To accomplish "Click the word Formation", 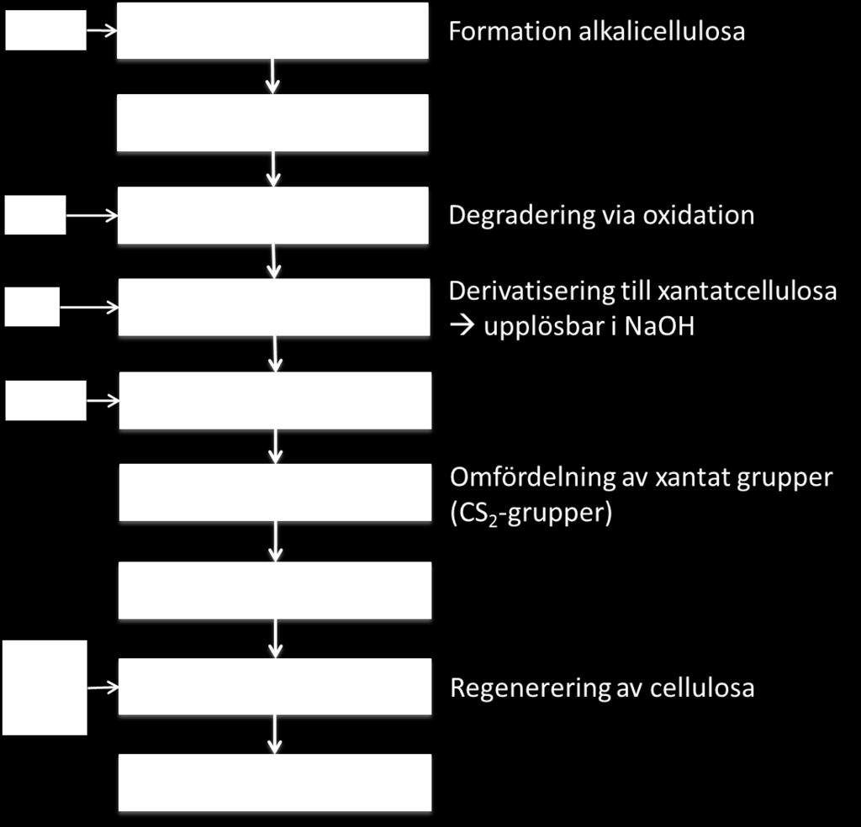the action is coord(509,31).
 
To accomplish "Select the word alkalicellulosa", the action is coord(662,31).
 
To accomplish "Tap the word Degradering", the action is coord(521,216).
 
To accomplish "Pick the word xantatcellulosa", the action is coord(747,291).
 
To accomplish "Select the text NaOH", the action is coord(659,327).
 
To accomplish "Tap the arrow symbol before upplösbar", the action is coord(462,327).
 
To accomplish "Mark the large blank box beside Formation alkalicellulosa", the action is coord(272,31).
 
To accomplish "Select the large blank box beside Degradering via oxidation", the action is coord(273,215).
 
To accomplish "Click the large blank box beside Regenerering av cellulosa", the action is coord(275,687).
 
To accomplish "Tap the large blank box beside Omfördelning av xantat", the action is coord(275,493).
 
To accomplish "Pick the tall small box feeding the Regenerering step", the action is coord(45,687).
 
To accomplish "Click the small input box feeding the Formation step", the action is coord(45,30).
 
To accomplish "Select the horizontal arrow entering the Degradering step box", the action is coord(92,216).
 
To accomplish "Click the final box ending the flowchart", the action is coord(275,782).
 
